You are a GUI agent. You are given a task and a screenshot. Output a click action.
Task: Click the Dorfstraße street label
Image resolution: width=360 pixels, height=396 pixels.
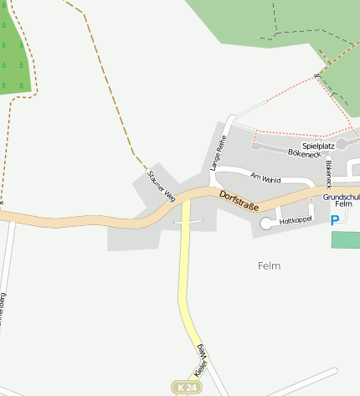tap(239, 202)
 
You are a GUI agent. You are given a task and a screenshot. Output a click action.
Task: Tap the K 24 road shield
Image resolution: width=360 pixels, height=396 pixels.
tap(188, 388)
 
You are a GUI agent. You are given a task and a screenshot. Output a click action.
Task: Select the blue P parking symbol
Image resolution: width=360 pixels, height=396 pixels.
tap(336, 220)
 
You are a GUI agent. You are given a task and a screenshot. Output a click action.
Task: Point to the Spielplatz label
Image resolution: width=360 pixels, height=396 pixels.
tap(319, 145)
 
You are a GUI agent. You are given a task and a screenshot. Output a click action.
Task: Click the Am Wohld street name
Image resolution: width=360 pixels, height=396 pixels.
tap(265, 177)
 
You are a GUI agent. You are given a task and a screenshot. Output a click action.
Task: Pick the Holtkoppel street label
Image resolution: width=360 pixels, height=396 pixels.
tap(296, 220)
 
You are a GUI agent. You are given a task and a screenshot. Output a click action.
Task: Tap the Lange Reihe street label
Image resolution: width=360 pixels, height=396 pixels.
tap(219, 154)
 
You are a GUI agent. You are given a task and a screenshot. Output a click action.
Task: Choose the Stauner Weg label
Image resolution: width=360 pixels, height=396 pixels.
tap(160, 186)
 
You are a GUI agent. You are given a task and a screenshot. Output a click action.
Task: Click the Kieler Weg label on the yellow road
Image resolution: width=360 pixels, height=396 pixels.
tap(202, 358)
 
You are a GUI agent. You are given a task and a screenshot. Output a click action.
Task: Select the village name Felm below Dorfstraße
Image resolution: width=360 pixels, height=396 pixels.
tap(269, 265)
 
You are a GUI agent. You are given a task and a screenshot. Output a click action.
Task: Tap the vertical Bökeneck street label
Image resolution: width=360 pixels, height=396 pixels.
tap(329, 173)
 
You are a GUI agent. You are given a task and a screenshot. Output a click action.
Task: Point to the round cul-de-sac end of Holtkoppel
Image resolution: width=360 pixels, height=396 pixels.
tap(267, 223)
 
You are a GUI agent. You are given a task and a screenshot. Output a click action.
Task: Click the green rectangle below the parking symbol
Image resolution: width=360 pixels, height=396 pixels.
tap(346, 239)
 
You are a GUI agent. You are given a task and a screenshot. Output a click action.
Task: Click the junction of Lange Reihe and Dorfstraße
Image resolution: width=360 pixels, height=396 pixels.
tap(211, 189)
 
